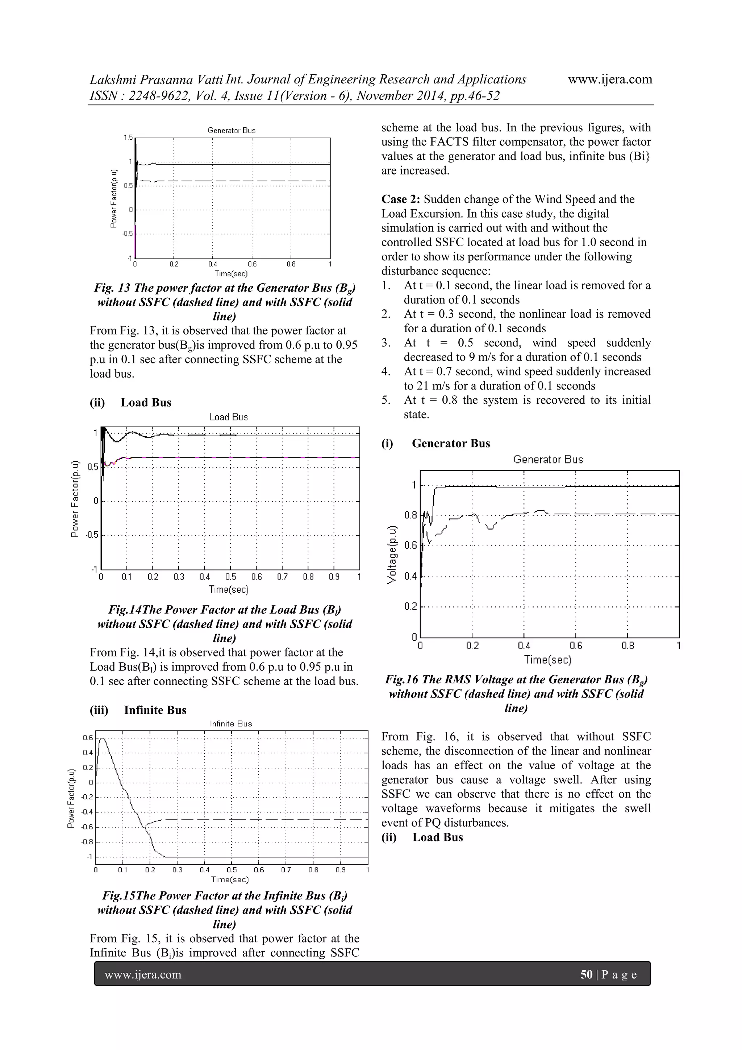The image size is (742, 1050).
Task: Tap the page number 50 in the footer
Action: pos(586,974)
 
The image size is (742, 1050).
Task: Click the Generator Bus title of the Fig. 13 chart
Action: pos(232,130)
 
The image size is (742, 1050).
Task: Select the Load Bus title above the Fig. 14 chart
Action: pos(229,417)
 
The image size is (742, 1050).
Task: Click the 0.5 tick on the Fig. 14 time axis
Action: pos(231,577)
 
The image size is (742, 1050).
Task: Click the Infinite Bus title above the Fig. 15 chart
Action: pos(231,724)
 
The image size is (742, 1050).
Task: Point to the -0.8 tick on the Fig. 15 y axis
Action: pos(87,841)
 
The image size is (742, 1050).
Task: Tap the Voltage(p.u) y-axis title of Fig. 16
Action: pos(392,554)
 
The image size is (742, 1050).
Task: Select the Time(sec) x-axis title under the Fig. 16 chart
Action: pos(548,659)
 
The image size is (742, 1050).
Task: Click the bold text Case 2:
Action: pos(401,199)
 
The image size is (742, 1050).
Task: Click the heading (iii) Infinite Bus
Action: pos(138,710)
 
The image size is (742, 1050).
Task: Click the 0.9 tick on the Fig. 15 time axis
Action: pos(341,870)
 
